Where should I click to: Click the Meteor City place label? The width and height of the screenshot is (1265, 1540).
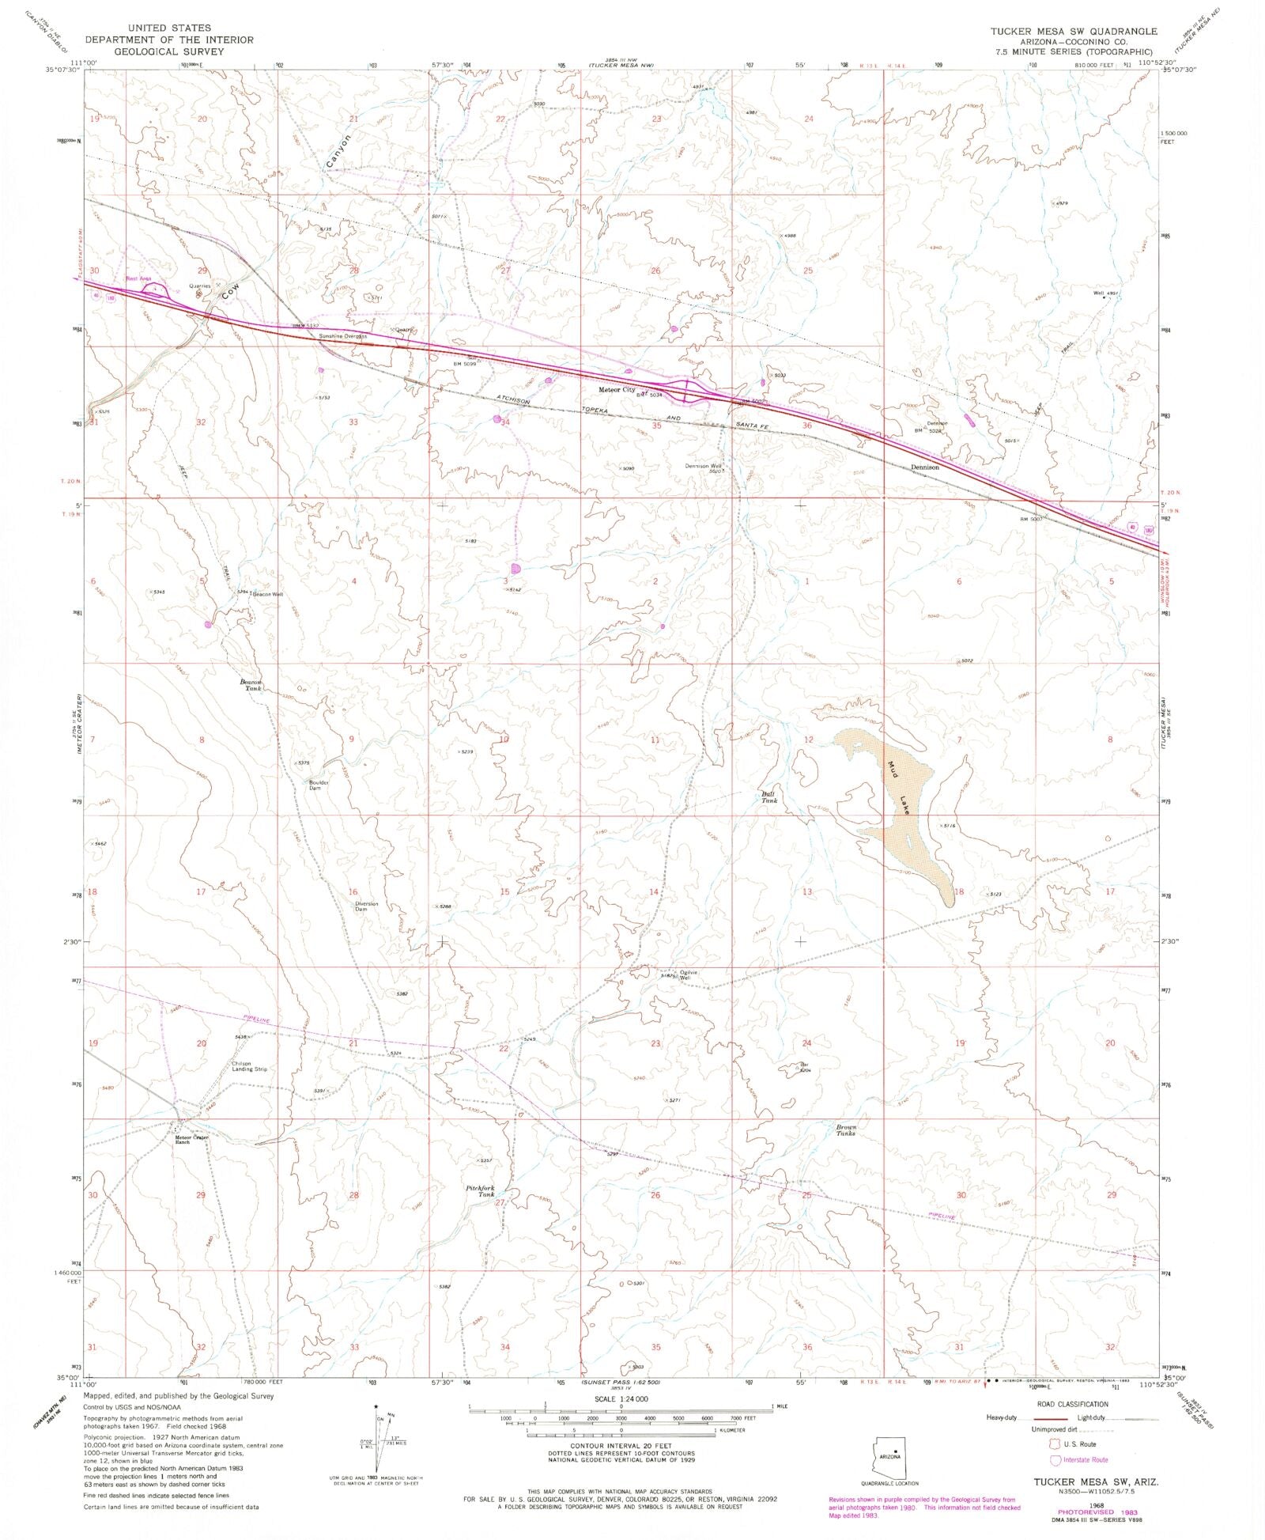616,390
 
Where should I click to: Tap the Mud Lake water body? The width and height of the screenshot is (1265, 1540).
901,807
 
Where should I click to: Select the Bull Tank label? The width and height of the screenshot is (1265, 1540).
769,796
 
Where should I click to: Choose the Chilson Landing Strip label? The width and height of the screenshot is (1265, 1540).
250,1066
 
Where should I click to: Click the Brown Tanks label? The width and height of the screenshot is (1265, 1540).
846,1129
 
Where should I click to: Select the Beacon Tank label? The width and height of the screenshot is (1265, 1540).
251,685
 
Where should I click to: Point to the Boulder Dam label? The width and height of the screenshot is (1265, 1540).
319,785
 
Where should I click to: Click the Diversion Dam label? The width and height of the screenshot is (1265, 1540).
366,906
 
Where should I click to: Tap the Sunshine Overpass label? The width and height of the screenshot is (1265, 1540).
342,336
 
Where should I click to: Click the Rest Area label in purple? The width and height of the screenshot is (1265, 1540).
138,278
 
